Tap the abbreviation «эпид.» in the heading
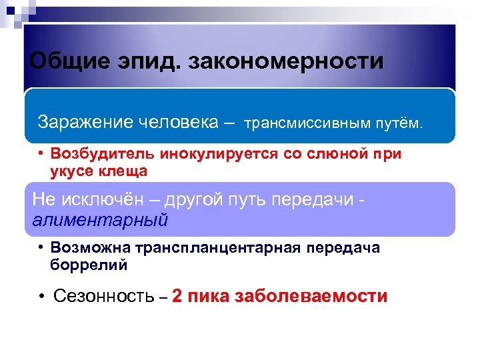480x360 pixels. [149, 62]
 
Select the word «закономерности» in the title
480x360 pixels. [287, 62]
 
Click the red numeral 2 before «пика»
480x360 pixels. [177, 296]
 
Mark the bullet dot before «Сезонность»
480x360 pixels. [41, 296]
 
